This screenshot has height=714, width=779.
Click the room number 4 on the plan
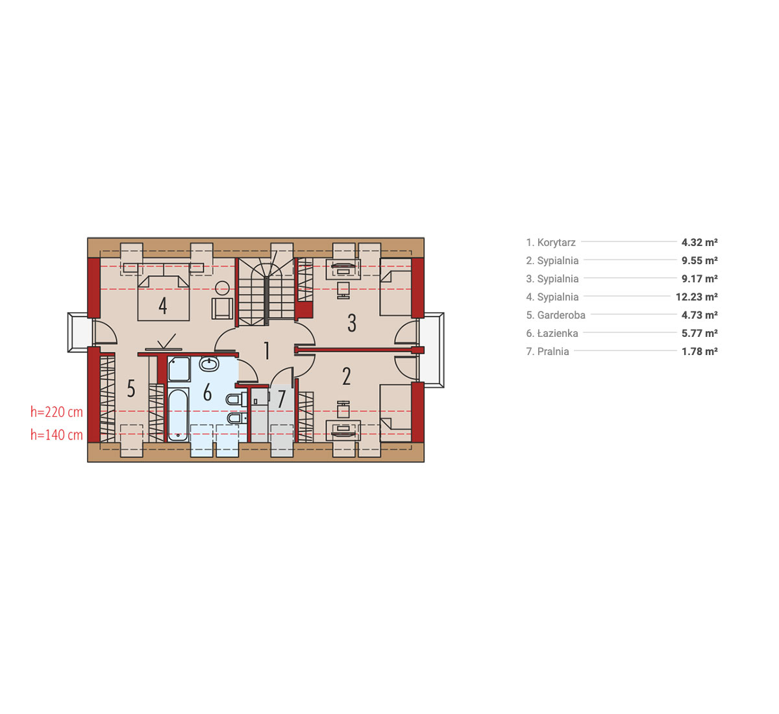pyautogui.click(x=163, y=305)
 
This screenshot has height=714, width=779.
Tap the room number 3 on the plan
pyautogui.click(x=352, y=323)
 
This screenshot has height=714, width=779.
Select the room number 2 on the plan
pyautogui.click(x=347, y=376)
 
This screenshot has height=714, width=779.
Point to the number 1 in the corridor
pyautogui.click(x=267, y=351)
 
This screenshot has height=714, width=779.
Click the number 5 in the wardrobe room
pyautogui.click(x=131, y=388)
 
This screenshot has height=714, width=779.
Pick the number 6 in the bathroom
pyautogui.click(x=207, y=392)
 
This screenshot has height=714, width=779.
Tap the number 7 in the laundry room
pyautogui.click(x=282, y=399)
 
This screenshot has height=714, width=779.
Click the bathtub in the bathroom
pyautogui.click(x=179, y=415)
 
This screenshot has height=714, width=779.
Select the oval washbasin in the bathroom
pyautogui.click(x=209, y=364)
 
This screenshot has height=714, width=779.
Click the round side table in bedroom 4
pyautogui.click(x=222, y=288)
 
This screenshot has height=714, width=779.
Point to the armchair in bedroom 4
pyautogui.click(x=222, y=309)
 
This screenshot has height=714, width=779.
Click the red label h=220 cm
pyautogui.click(x=56, y=412)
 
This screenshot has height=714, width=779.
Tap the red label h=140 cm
pyautogui.click(x=56, y=435)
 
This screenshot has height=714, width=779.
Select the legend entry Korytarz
pyautogui.click(x=550, y=242)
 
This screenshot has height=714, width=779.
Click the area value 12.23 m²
pyautogui.click(x=697, y=297)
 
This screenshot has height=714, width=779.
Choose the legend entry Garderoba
pyautogui.click(x=556, y=315)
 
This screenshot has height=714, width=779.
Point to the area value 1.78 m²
pyautogui.click(x=700, y=351)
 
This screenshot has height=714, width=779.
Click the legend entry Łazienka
pyautogui.click(x=552, y=333)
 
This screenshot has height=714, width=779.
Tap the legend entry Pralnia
pyautogui.click(x=547, y=351)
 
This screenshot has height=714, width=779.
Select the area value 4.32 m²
pyautogui.click(x=700, y=242)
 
